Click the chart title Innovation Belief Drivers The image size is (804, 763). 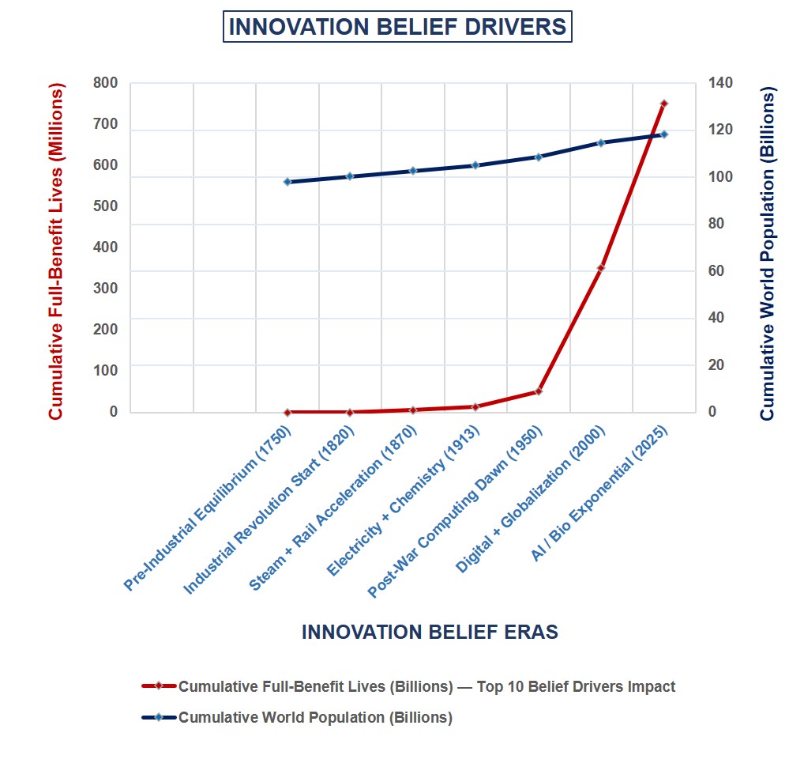click(x=397, y=28)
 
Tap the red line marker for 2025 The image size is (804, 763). click(x=663, y=104)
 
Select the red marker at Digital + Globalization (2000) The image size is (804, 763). click(x=601, y=268)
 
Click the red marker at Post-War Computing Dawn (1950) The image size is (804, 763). click(x=539, y=391)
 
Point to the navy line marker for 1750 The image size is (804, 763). click(x=287, y=182)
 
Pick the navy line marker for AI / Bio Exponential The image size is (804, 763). click(x=663, y=134)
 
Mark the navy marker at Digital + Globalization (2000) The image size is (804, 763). click(x=601, y=143)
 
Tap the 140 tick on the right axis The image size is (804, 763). click(x=719, y=83)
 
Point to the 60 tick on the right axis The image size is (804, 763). click(x=716, y=271)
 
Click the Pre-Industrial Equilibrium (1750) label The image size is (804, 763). click(x=209, y=508)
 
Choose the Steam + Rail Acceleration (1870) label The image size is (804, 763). click(x=334, y=508)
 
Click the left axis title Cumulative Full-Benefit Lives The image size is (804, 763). click(x=56, y=251)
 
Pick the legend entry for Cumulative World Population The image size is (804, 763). click(x=315, y=718)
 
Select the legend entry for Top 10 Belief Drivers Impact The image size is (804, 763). click(x=426, y=686)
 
